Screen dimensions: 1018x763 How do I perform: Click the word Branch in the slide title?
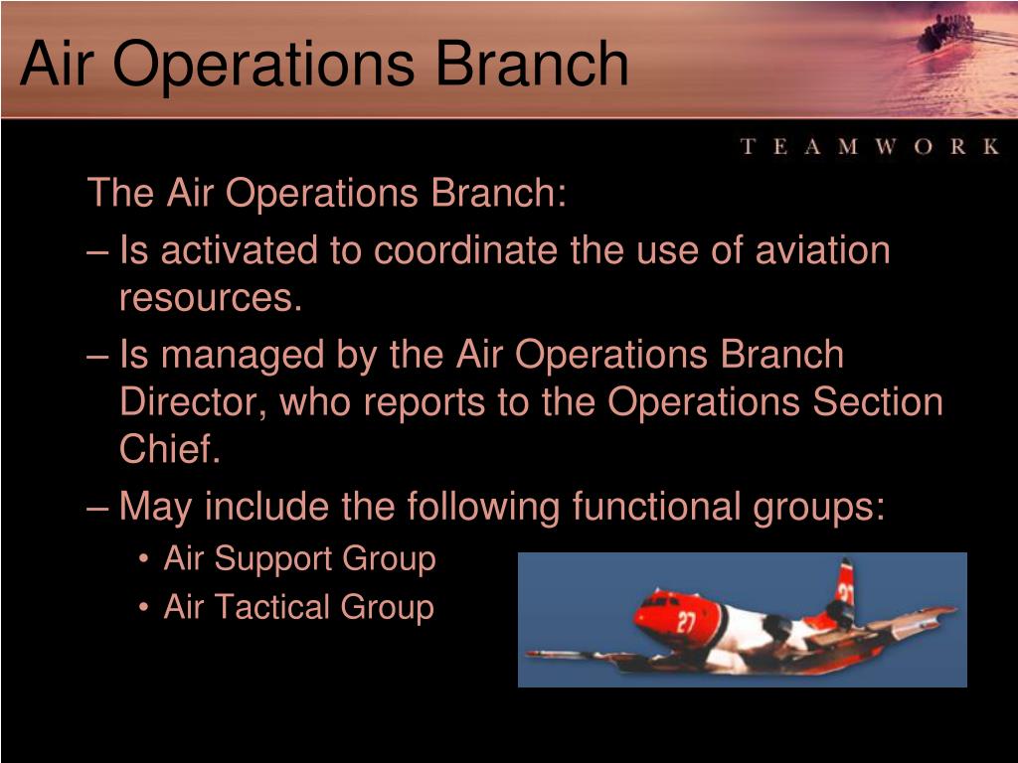(x=532, y=63)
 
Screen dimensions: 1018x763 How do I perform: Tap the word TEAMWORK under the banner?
(x=869, y=146)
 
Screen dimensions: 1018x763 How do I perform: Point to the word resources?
(x=211, y=298)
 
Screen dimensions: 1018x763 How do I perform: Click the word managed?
(x=243, y=357)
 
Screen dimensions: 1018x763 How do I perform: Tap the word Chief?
(x=170, y=448)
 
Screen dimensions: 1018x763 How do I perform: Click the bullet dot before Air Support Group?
(x=144, y=560)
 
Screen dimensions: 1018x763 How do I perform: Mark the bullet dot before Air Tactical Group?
(x=144, y=609)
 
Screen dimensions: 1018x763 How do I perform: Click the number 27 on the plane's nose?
(x=686, y=622)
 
